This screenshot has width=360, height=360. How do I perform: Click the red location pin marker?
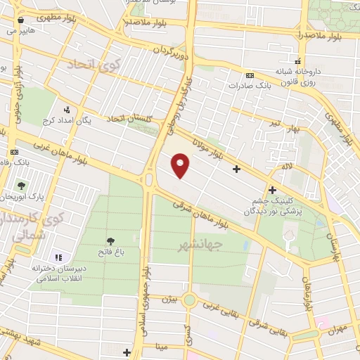click(181, 167)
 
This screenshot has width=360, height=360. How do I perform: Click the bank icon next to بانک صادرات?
click(250, 76)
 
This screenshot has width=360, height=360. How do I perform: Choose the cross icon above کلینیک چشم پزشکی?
click(272, 189)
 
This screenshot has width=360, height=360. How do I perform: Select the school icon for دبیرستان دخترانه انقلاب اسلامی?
click(59, 259)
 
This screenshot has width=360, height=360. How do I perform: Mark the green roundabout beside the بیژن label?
click(191, 301)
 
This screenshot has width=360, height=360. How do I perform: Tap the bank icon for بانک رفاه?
click(13, 152)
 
